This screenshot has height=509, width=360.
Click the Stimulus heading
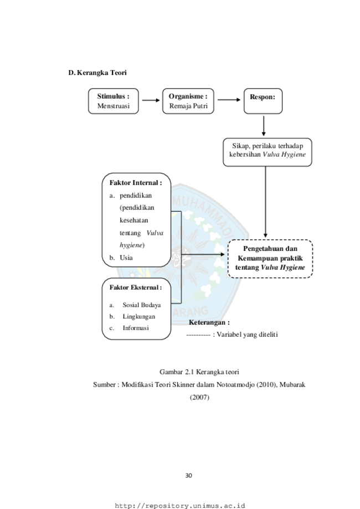pos(113,96)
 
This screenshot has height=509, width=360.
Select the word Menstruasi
pos(113,106)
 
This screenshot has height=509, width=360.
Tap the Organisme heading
pos(188,96)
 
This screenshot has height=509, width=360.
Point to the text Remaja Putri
pos(188,106)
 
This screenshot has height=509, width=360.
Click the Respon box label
pos(263,97)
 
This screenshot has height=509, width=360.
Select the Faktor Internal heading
pos(136,182)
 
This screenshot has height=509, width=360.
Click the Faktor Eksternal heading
pos(136,287)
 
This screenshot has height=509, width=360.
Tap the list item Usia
pos(126,258)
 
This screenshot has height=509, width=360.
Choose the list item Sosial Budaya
pos(142,305)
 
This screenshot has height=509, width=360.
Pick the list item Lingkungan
pos(138,316)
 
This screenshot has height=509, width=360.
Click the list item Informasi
pos(136,328)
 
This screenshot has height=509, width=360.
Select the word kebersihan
pos(245,155)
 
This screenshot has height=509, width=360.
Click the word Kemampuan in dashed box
pos(257,258)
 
